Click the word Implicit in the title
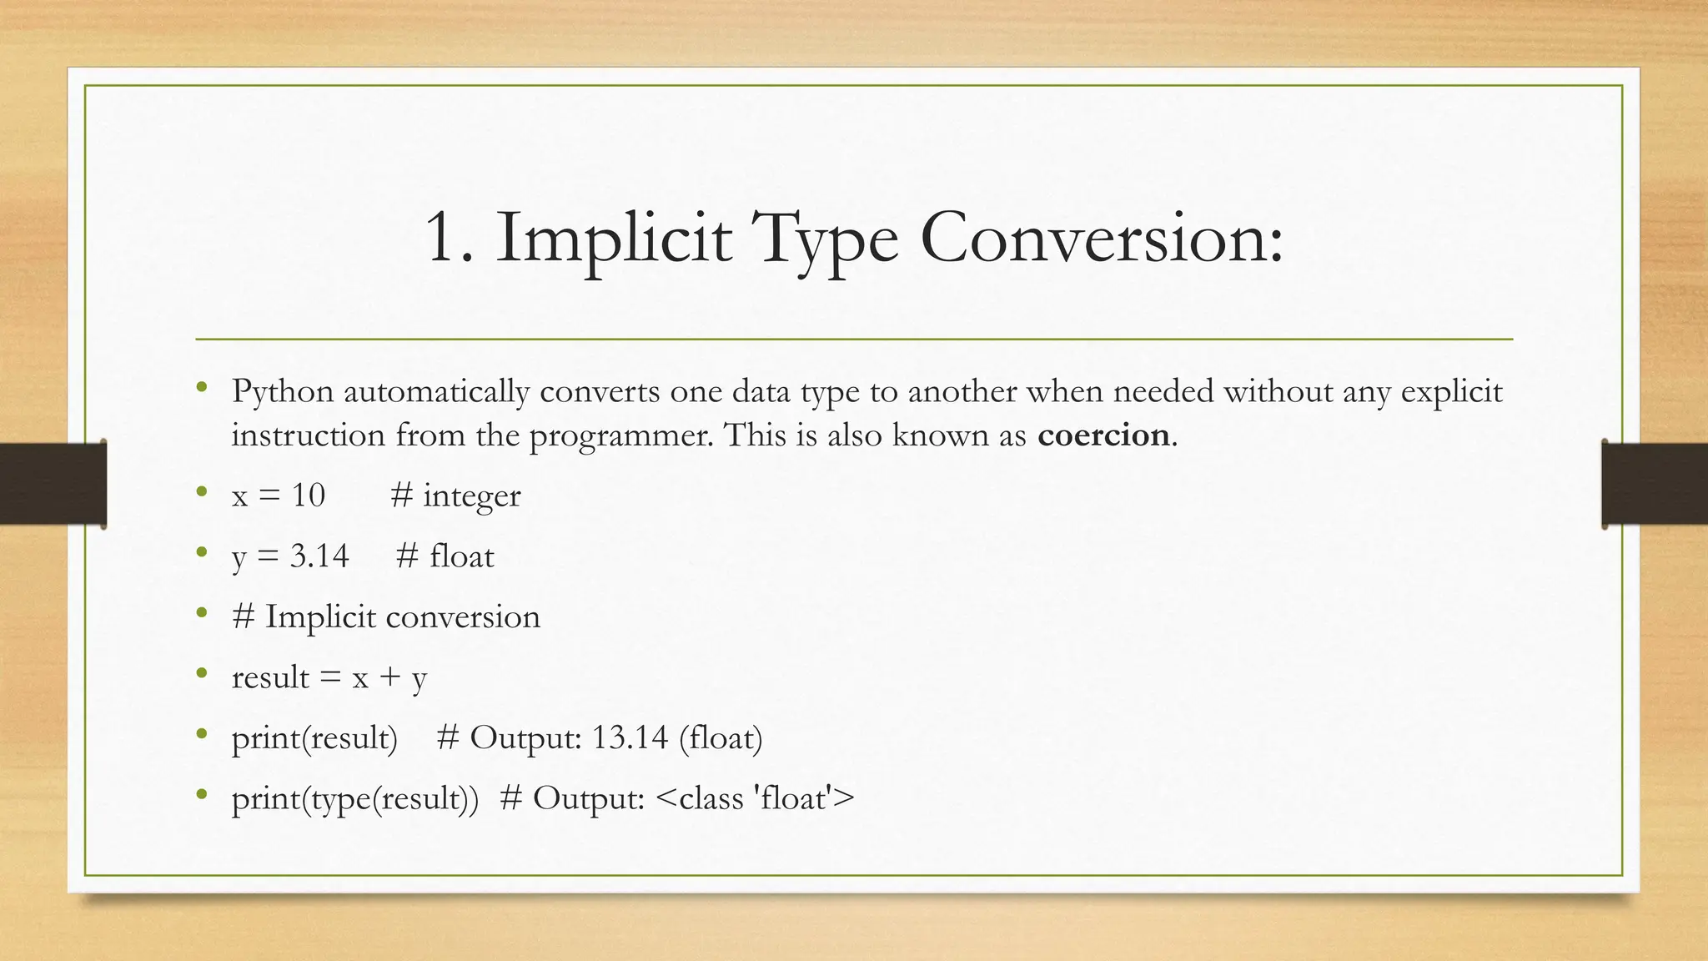pyautogui.click(x=614, y=239)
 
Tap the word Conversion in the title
pyautogui.click(x=1101, y=239)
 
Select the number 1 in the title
pyautogui.click(x=442, y=239)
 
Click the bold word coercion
pyautogui.click(x=1103, y=435)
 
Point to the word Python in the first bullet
pyautogui.click(x=283, y=392)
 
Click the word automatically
pyautogui.click(x=436, y=392)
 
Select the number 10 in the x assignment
pyautogui.click(x=308, y=496)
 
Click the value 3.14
pyautogui.click(x=319, y=556)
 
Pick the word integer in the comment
pyautogui.click(x=471, y=496)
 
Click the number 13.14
pyautogui.click(x=630, y=737)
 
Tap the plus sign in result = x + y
pyautogui.click(x=389, y=677)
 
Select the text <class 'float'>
pyautogui.click(x=756, y=798)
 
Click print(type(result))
pyautogui.click(x=355, y=799)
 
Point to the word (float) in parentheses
pyautogui.click(x=721, y=738)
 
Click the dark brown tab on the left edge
pyautogui.click(x=53, y=484)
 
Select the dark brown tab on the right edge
pyautogui.click(x=1655, y=484)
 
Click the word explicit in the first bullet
pyautogui.click(x=1451, y=392)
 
